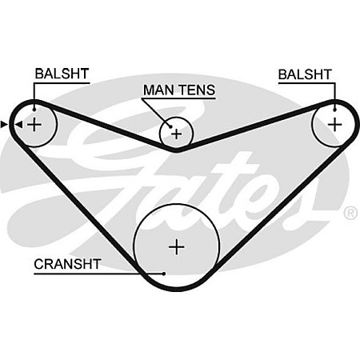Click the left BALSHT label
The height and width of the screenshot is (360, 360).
coord(62,74)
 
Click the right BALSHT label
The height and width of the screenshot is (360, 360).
coord(305,74)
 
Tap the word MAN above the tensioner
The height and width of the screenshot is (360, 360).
coord(158,90)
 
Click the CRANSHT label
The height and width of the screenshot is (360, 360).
coord(67,264)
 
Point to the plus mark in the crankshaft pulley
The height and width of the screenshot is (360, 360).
coord(177,247)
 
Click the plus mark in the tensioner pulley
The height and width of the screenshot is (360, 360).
coord(176,134)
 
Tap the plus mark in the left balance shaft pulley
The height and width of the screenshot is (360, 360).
coord(34,125)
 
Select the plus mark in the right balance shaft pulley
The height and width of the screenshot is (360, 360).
coord(334,125)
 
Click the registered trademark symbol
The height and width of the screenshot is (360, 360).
coord(351,213)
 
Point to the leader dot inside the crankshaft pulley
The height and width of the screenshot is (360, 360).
coord(164,274)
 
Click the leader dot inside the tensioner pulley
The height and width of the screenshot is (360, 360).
coord(170,126)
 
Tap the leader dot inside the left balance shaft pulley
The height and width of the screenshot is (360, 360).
coord(34,110)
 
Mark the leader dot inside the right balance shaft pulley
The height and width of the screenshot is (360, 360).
coord(335,110)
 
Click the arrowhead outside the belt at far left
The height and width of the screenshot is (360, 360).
coord(4,124)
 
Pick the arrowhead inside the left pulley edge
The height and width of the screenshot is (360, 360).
coord(18,124)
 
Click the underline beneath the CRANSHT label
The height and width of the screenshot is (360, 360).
coord(99,274)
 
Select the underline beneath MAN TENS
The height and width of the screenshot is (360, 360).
coord(178,98)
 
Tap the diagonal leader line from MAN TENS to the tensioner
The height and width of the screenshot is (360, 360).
coord(157,112)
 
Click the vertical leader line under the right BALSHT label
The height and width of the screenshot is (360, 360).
coord(335,96)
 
